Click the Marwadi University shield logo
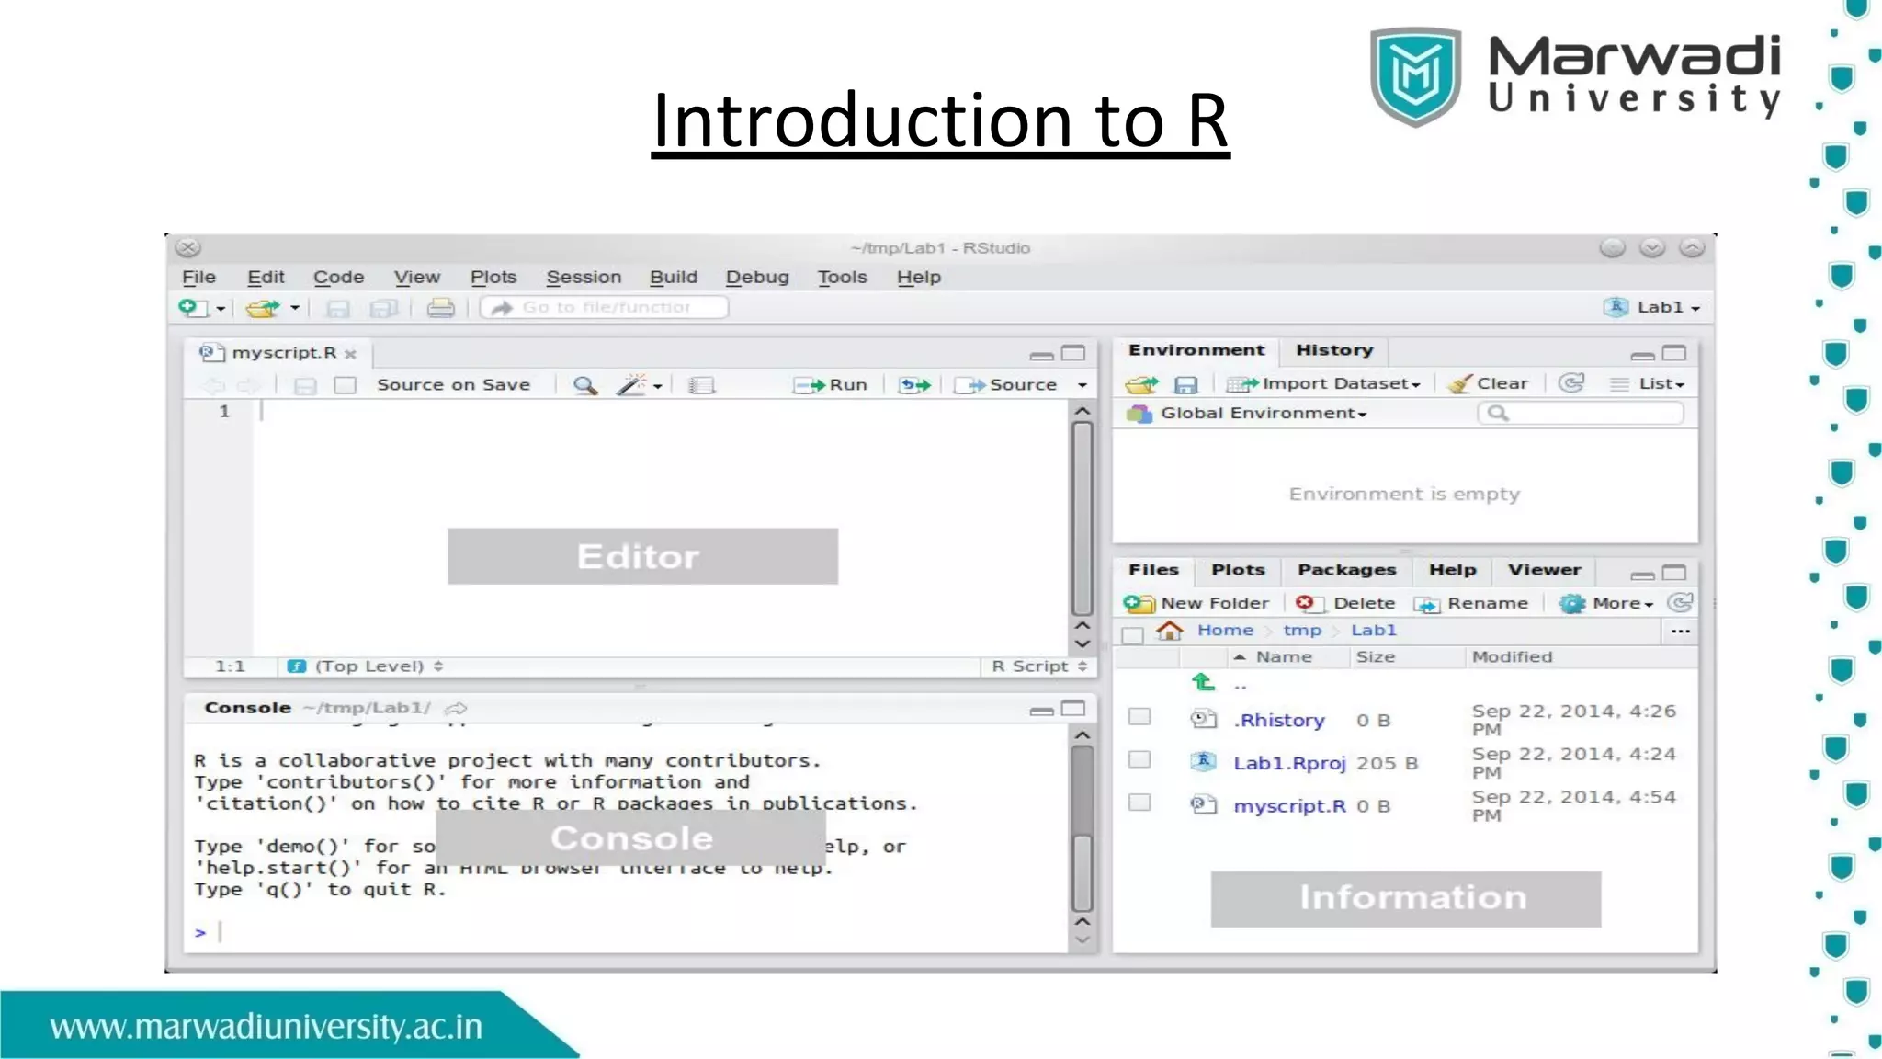point(1415,75)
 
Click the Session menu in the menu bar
point(584,277)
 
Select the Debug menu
point(757,277)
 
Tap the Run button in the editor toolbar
point(832,385)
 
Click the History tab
point(1334,350)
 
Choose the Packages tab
point(1346,570)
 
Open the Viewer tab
point(1544,570)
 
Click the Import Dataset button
point(1325,384)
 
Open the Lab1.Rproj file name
point(1288,763)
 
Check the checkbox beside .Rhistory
point(1139,716)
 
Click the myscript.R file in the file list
point(1288,806)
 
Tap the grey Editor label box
point(642,556)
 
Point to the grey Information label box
point(1405,898)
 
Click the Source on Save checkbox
point(346,385)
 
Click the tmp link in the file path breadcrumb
point(1301,631)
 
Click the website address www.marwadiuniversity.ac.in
point(266,1026)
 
